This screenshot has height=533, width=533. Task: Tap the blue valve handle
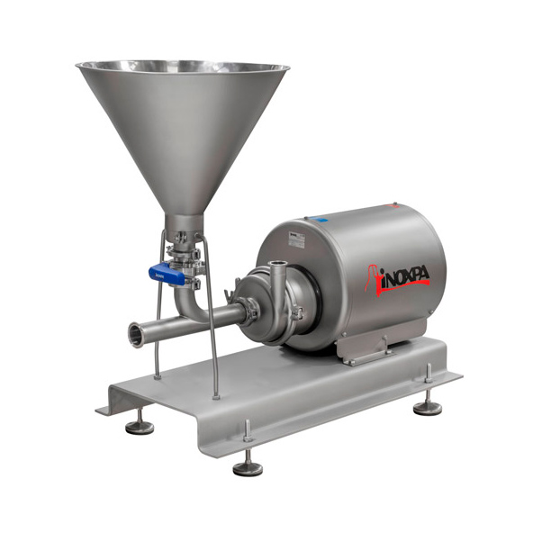click(x=168, y=276)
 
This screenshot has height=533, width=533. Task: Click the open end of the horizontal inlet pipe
click(x=134, y=334)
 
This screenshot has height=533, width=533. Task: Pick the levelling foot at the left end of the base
click(x=140, y=426)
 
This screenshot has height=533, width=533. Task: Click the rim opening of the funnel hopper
click(x=183, y=68)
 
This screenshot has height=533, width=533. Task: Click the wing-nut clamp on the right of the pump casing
click(x=294, y=312)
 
